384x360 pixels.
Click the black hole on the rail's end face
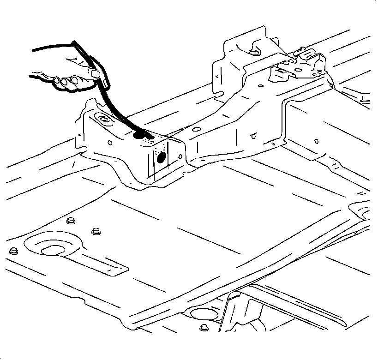coord(161,157)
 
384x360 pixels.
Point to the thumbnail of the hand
coord(96,73)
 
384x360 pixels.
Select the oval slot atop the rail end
coord(103,120)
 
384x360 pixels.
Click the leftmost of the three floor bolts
coord(13,251)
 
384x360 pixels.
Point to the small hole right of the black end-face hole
coord(179,156)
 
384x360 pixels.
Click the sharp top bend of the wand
coord(74,42)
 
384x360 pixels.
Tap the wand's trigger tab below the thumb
coord(105,84)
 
